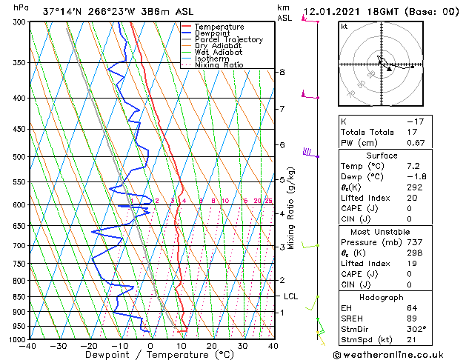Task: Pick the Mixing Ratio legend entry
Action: tap(219, 65)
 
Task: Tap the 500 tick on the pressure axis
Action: tap(19, 157)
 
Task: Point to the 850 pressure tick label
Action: tap(19, 297)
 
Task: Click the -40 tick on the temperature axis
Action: tap(28, 345)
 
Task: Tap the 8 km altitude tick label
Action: tap(282, 72)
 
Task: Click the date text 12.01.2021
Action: tap(332, 12)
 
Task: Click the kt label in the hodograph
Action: tap(344, 27)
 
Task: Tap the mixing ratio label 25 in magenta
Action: tap(268, 201)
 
